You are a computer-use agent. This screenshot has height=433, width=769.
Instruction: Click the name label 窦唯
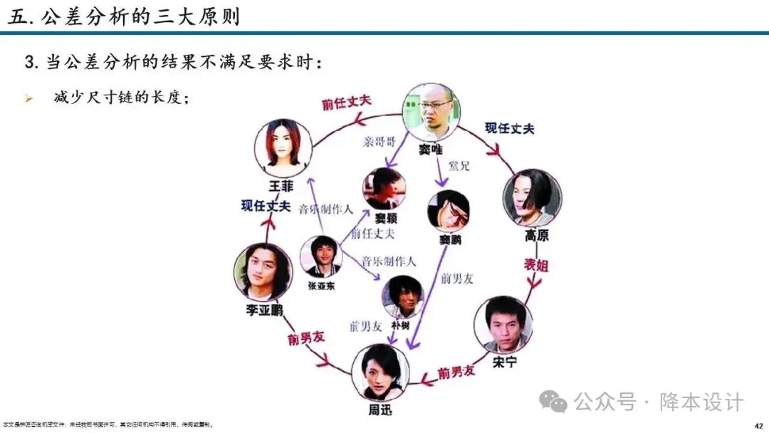click(x=431, y=150)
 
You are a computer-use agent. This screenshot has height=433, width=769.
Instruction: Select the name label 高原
click(x=536, y=236)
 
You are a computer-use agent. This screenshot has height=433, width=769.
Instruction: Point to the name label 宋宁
click(x=504, y=362)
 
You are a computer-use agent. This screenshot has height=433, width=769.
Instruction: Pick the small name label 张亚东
click(x=321, y=286)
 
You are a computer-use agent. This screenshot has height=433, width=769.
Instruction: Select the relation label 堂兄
click(x=459, y=166)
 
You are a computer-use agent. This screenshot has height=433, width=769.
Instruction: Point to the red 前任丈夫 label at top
click(x=347, y=103)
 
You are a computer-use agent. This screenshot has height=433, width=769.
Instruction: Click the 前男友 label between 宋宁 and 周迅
click(x=455, y=372)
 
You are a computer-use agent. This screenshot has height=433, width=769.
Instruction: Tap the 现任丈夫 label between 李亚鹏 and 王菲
click(x=265, y=207)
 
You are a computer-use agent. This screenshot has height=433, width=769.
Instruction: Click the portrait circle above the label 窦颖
click(x=384, y=188)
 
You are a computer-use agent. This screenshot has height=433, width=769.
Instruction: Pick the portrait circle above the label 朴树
click(x=403, y=297)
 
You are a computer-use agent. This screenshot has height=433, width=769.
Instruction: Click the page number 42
click(x=758, y=425)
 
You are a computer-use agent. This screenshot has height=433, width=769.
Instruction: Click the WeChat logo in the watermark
click(x=553, y=402)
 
